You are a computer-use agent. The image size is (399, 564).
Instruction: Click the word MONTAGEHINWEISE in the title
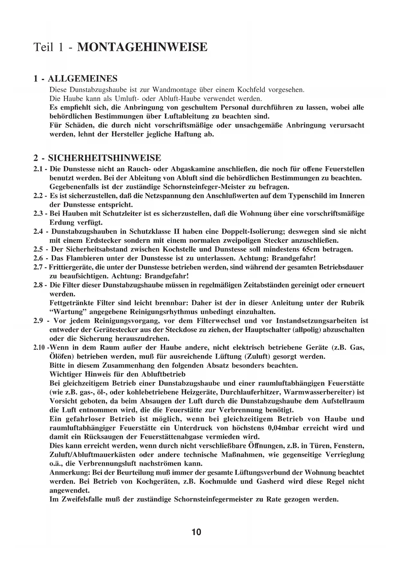click(x=142, y=47)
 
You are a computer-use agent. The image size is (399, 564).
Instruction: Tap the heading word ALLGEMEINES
click(x=83, y=78)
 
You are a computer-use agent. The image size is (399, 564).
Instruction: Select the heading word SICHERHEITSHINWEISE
click(x=104, y=158)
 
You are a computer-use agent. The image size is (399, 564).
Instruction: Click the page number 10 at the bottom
click(x=196, y=532)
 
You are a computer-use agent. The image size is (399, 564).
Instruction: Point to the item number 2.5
click(x=39, y=249)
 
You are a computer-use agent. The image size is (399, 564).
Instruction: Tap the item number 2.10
click(x=39, y=348)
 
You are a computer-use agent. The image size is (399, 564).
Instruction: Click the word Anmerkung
click(x=69, y=473)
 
